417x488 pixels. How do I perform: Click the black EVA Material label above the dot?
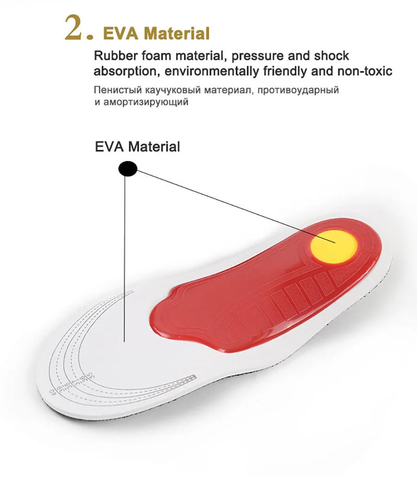pyautogui.click(x=137, y=147)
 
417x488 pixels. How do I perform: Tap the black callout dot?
pyautogui.click(x=128, y=169)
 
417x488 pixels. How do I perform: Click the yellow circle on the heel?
pyautogui.click(x=334, y=243)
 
